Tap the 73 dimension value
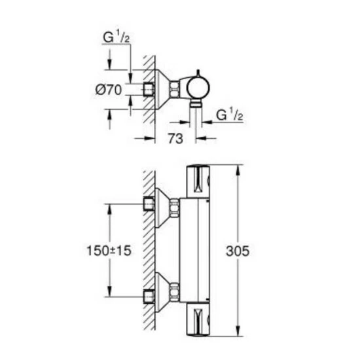(175, 139)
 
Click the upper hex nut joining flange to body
(175, 209)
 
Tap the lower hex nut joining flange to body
(175, 293)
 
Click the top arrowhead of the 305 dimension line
(236, 168)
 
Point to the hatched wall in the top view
(149, 72)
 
